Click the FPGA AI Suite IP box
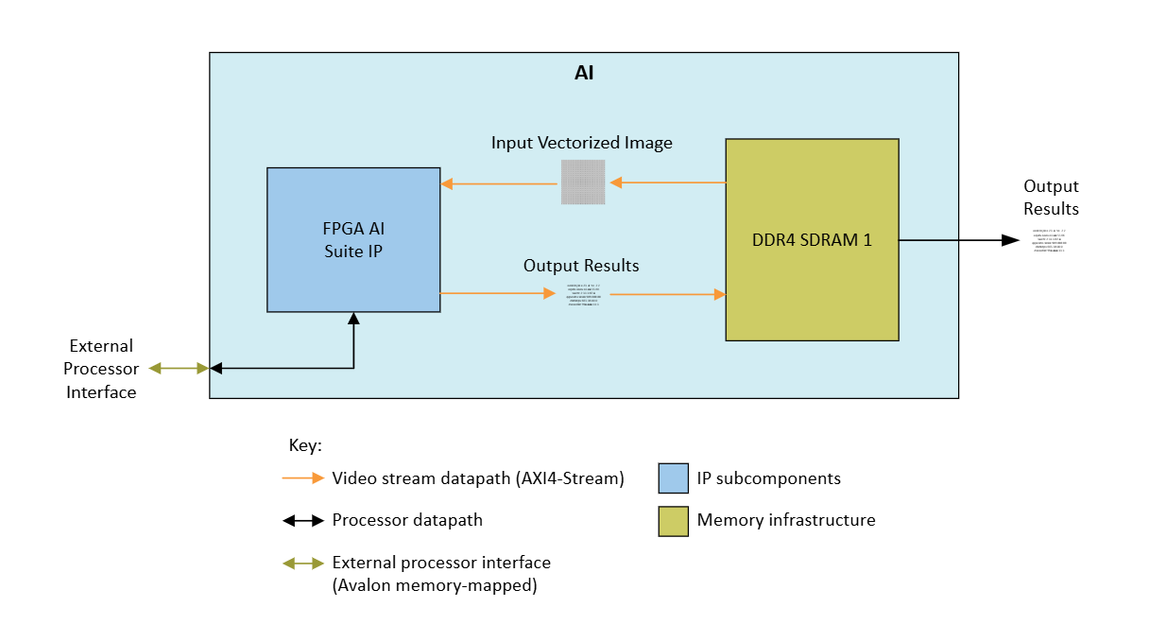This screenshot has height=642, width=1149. [353, 239]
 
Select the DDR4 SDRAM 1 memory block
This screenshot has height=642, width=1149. [812, 239]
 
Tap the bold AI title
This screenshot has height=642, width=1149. [584, 72]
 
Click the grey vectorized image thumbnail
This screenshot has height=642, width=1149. [583, 182]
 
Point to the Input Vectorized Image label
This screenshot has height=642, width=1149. [581, 143]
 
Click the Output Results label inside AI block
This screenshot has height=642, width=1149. [581, 266]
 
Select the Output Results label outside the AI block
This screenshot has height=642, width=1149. [1051, 198]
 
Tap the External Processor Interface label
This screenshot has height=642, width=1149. [101, 369]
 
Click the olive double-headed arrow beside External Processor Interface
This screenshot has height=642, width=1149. [179, 368]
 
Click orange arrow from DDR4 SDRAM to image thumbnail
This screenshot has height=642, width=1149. [666, 182]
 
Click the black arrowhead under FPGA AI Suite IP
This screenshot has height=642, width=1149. [353, 319]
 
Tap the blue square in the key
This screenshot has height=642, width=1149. [673, 478]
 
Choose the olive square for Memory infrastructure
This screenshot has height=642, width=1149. [673, 520]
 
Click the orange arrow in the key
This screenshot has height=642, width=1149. [303, 478]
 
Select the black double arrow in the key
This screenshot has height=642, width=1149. [303, 520]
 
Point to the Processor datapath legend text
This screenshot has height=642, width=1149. [408, 520]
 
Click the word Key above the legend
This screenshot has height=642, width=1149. [304, 444]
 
